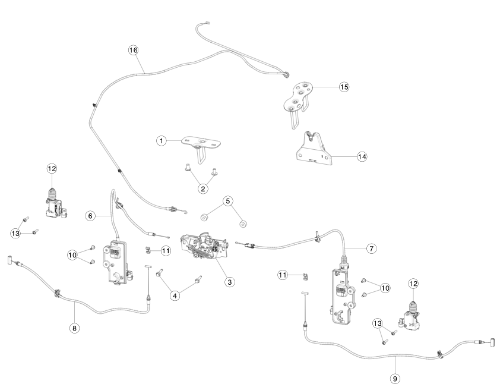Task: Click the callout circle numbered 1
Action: coord(161,141)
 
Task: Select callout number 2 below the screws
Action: coord(203,188)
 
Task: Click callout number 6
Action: coord(90,216)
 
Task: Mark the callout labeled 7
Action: coord(371,248)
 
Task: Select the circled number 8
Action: coord(74,328)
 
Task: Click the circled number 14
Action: coord(362,156)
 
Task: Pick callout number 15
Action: coord(344,86)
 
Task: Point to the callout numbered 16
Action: coord(134,50)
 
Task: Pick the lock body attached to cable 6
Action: coord(118,262)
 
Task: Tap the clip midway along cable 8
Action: coord(59,292)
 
